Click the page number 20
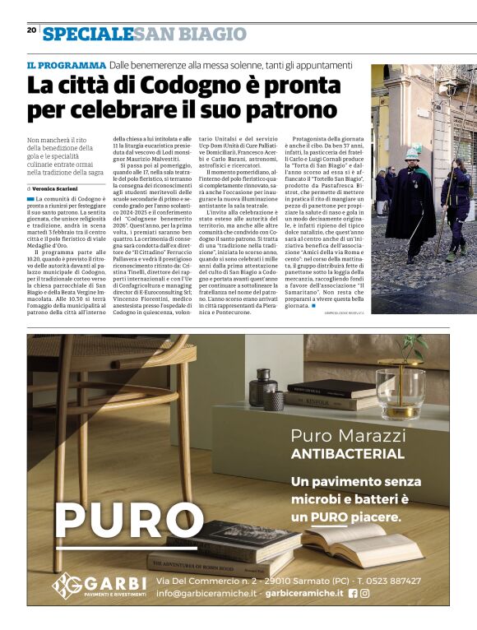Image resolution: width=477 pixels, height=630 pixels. pos(31,30)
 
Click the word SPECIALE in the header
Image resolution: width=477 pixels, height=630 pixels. pos(87,34)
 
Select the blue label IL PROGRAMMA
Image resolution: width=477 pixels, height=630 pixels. pos(66,65)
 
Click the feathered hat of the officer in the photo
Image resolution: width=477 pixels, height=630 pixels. pos(415,150)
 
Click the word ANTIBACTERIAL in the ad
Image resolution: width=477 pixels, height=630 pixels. pos(348,453)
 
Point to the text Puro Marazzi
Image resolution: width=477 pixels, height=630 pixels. pos(348,435)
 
